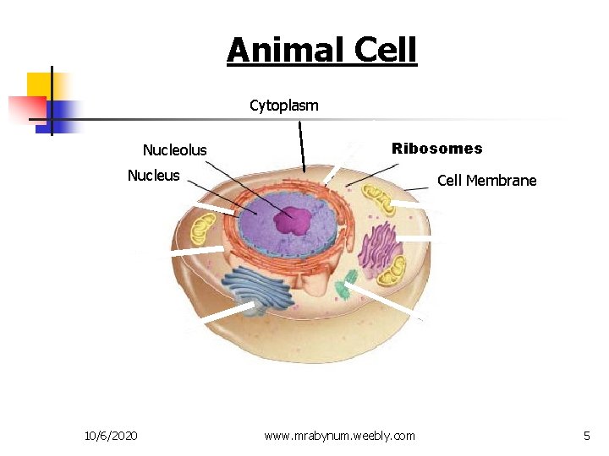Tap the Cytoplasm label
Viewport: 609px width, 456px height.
[x=284, y=106]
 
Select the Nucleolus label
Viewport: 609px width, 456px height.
[x=174, y=150]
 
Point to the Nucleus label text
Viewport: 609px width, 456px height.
[x=153, y=176]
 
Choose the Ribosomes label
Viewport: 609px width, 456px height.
[x=436, y=149]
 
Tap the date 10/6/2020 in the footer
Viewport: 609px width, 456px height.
[x=112, y=436]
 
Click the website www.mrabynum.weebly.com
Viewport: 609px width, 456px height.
[x=339, y=436]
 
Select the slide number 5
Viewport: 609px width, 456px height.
[x=586, y=436]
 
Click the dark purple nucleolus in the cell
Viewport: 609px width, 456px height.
[x=293, y=220]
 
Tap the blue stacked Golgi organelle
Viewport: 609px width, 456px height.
[x=259, y=289]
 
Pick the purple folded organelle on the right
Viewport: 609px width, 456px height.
[x=380, y=246]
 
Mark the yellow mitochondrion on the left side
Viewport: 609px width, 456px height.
[x=203, y=228]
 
